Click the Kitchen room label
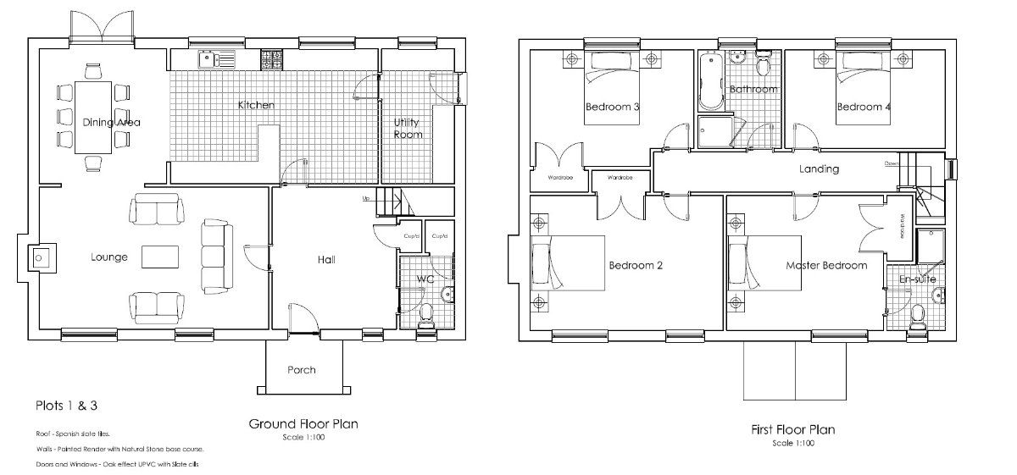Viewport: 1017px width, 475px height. tap(255, 106)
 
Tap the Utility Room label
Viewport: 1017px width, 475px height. tap(408, 128)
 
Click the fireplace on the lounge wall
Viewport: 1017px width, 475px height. tap(39, 257)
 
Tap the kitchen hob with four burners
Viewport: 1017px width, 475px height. tap(272, 59)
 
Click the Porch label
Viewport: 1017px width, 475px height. tap(301, 370)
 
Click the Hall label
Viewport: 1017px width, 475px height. tap(326, 259)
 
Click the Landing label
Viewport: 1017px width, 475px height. tap(819, 168)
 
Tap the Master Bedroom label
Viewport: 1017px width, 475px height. tap(826, 265)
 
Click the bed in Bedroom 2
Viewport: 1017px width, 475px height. tap(566, 264)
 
